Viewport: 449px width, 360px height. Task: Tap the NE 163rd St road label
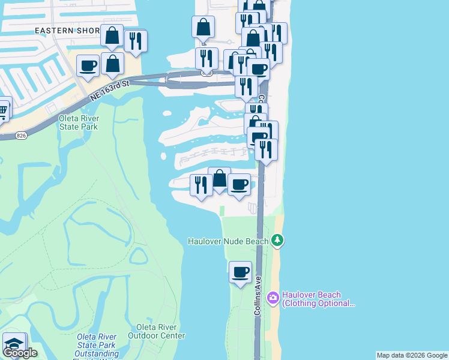[x=110, y=88]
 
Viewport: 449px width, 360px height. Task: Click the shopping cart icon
[x=3, y=109]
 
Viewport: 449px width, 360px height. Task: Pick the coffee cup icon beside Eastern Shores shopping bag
[x=88, y=66]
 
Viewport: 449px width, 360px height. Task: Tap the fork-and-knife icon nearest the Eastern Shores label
[x=136, y=41]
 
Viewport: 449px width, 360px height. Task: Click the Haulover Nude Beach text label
[x=228, y=241]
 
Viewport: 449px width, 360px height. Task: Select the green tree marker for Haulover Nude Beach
[x=277, y=241]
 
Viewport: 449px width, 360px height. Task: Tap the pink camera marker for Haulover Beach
[x=273, y=297]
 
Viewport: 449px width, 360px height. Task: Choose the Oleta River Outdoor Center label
[x=160, y=331]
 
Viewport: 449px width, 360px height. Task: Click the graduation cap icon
[x=14, y=344]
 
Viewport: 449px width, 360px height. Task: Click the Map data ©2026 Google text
[x=412, y=355]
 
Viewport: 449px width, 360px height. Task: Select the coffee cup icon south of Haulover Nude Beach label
[x=241, y=272]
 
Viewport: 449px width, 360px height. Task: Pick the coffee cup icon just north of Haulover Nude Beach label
[x=240, y=185]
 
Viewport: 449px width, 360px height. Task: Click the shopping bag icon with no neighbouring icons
[x=203, y=27]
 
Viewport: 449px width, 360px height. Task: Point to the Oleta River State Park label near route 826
[x=79, y=122]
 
